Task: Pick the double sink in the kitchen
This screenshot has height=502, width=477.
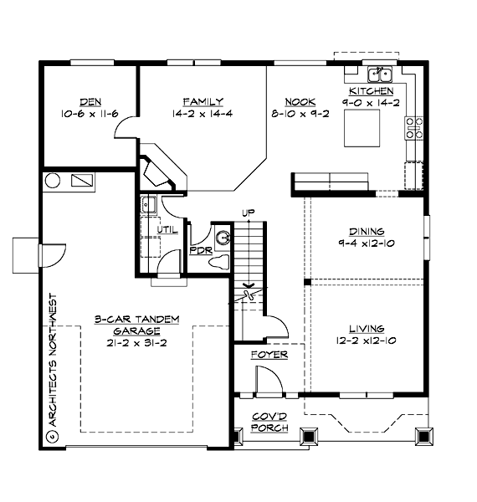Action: click(x=382, y=74)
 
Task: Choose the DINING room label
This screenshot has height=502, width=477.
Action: click(x=367, y=232)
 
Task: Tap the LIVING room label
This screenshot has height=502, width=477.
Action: click(x=367, y=329)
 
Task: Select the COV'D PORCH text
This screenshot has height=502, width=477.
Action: click(x=269, y=423)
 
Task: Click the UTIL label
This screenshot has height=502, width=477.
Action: click(x=166, y=228)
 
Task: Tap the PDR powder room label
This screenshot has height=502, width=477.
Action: click(x=200, y=249)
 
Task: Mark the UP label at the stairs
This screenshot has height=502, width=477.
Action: click(x=247, y=213)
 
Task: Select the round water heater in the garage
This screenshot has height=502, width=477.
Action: click(x=52, y=180)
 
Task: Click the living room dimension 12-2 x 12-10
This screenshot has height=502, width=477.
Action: click(x=367, y=341)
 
